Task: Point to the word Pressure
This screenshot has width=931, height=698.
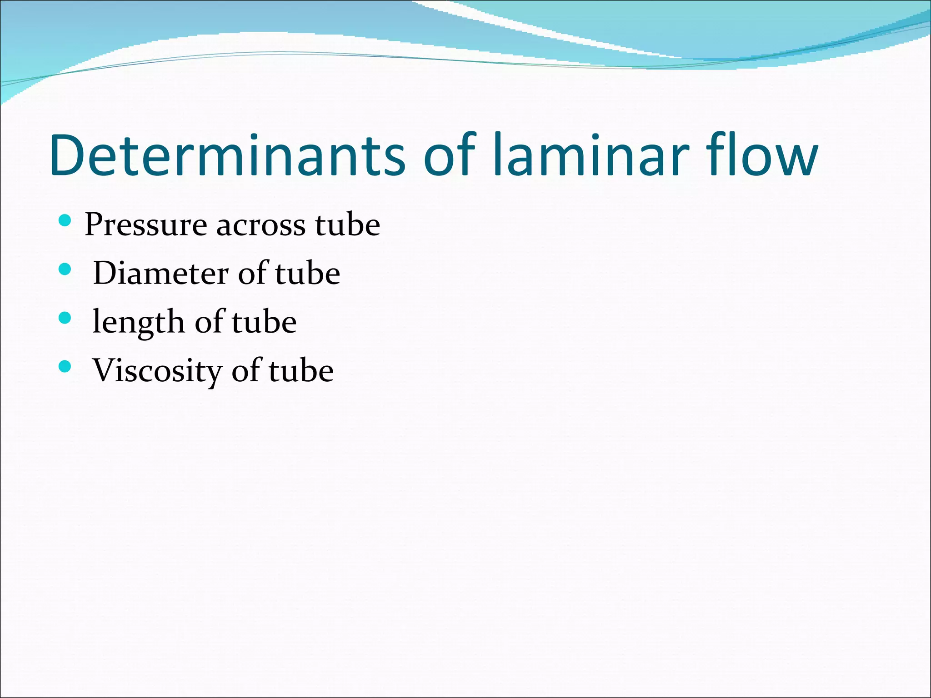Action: click(x=145, y=224)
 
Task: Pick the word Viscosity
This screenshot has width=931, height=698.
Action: click(x=157, y=370)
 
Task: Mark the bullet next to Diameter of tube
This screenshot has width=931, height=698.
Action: click(x=65, y=270)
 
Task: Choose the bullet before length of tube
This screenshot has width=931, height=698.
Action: click(x=65, y=318)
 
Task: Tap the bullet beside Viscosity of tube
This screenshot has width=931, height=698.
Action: click(x=65, y=366)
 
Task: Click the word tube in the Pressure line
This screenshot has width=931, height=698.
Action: click(x=348, y=224)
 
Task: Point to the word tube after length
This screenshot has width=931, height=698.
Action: click(x=264, y=322)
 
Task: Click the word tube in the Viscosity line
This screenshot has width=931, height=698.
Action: click(x=301, y=370)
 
